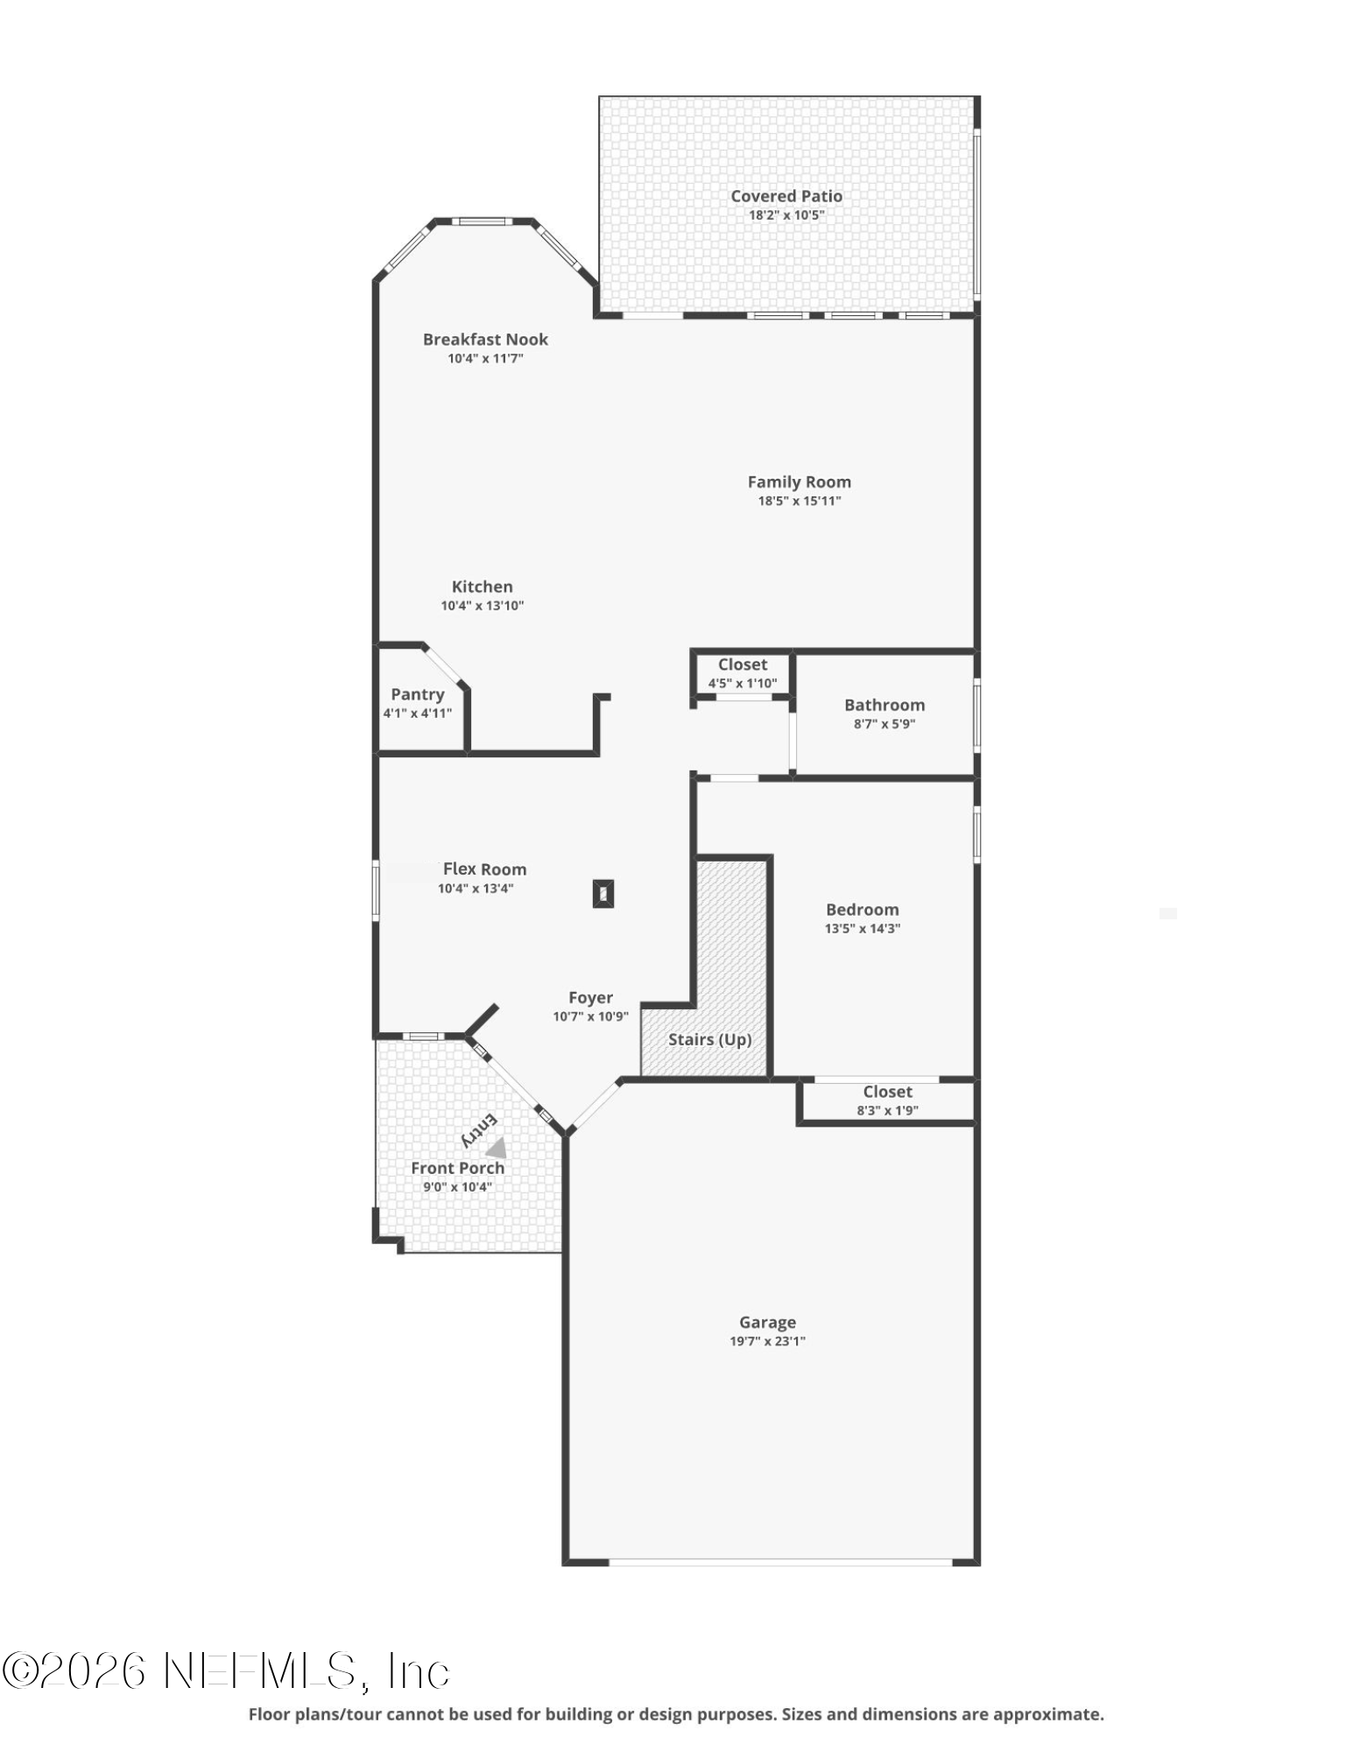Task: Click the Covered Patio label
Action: (786, 196)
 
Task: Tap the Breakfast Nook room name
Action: (485, 340)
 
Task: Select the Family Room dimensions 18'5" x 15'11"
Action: (799, 501)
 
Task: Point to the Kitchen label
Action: (482, 587)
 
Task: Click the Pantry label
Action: (418, 694)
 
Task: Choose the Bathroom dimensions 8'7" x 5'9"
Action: (884, 724)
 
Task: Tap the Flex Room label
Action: (484, 869)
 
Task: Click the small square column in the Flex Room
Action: (603, 894)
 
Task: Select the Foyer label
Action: (590, 997)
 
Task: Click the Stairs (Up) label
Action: (709, 1039)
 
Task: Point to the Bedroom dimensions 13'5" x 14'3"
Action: (862, 929)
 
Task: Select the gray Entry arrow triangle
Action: (497, 1148)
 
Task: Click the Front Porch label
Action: (457, 1168)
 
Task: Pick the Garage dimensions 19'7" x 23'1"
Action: (767, 1341)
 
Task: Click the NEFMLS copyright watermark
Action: (226, 1671)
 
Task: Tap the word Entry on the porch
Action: (479, 1130)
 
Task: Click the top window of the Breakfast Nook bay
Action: (482, 222)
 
